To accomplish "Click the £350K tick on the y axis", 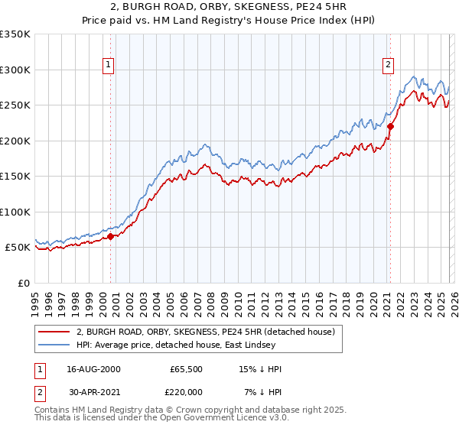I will [x=15, y=34].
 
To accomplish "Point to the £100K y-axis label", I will [x=15, y=212].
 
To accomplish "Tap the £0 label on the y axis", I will [x=24, y=283].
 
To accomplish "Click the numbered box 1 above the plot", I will [x=109, y=65].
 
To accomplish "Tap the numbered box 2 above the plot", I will [x=389, y=65].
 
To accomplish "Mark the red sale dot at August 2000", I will [x=110, y=236].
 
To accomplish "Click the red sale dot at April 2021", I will [x=390, y=127].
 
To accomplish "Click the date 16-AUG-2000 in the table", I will [x=94, y=368].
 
